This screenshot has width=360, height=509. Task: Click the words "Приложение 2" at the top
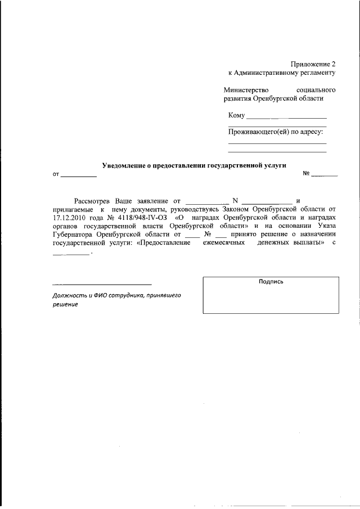(x=313, y=64)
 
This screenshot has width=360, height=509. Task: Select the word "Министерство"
(x=246, y=90)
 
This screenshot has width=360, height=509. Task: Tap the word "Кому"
(x=237, y=116)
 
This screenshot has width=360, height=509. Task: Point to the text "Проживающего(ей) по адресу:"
(x=275, y=132)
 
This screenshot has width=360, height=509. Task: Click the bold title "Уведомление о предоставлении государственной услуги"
(x=194, y=165)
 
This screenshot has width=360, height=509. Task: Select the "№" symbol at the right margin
(x=307, y=174)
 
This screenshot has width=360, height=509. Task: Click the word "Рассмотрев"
(x=93, y=201)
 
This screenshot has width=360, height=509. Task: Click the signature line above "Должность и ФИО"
(x=102, y=285)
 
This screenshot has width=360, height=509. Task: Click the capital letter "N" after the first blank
(x=235, y=201)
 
